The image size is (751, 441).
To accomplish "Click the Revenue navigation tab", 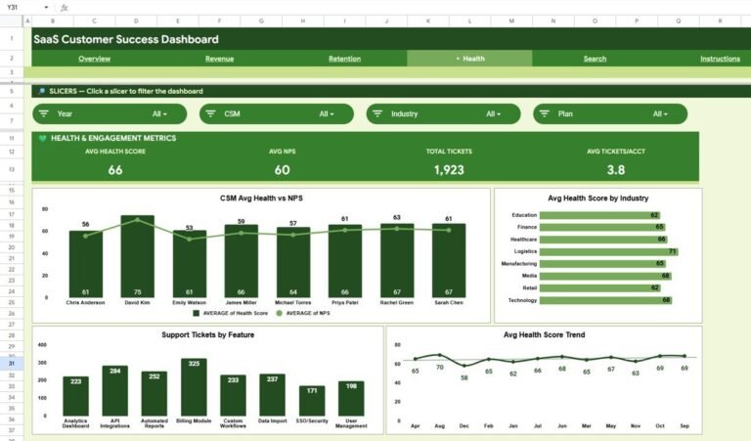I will [x=219, y=59].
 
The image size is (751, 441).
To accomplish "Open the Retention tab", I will [x=344, y=59].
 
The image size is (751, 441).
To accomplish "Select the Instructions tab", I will [x=720, y=59].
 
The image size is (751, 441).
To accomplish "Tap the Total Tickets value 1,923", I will [x=449, y=170].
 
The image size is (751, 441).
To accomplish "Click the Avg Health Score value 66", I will [x=115, y=170].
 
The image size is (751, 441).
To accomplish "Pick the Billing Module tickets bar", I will [x=194, y=388].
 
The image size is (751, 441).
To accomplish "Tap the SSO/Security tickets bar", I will [x=312, y=401].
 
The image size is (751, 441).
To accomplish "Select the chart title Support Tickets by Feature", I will [x=207, y=335].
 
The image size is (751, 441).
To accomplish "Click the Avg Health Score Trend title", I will [x=544, y=335].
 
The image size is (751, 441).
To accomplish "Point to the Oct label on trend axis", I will [x=660, y=426].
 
